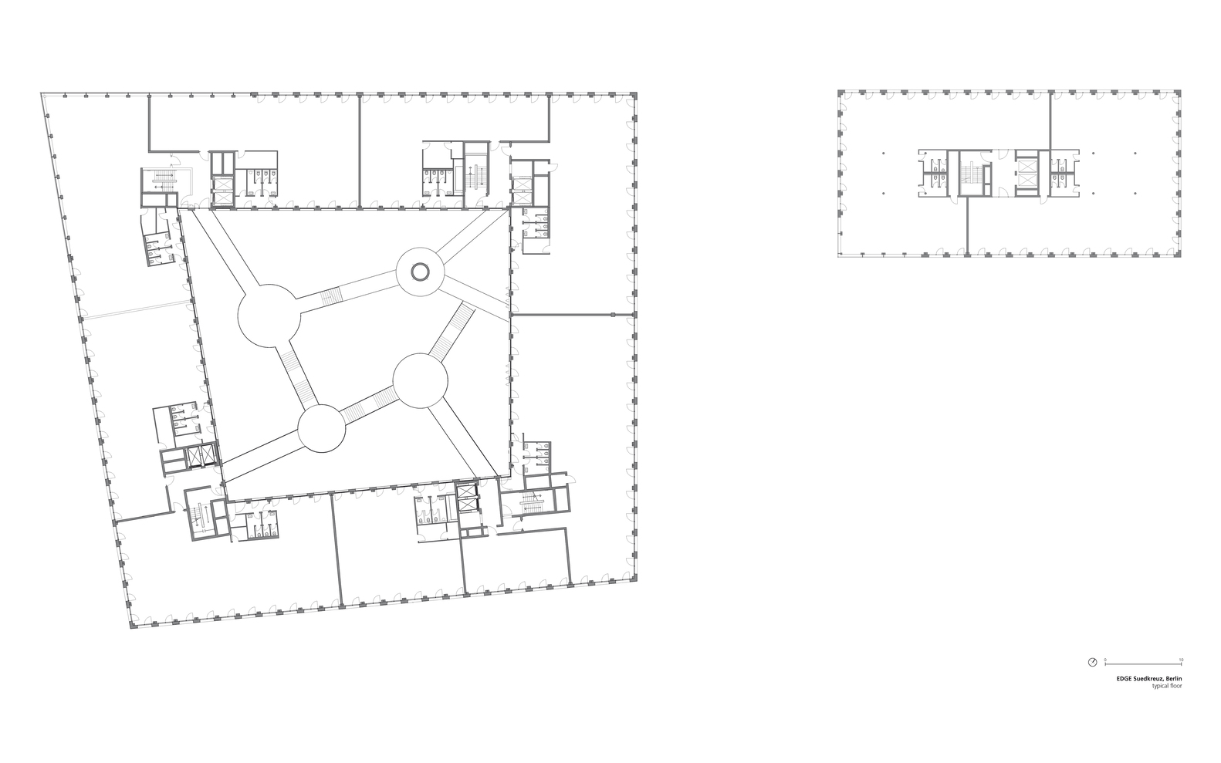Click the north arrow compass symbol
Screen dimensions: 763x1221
pos(1092,662)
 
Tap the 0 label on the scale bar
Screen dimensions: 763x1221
pos(1105,660)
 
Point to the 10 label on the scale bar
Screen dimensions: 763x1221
pos(1181,660)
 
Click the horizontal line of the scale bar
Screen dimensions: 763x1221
pos(1143,664)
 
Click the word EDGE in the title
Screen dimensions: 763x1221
pos(1124,679)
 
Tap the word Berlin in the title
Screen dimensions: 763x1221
pos(1173,679)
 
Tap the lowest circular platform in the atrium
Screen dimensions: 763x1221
pos(321,429)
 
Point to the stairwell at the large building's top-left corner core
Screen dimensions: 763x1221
pos(163,181)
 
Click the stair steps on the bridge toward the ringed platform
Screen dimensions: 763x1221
pos(330,295)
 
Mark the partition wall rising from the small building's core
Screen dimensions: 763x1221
pos(1050,120)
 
